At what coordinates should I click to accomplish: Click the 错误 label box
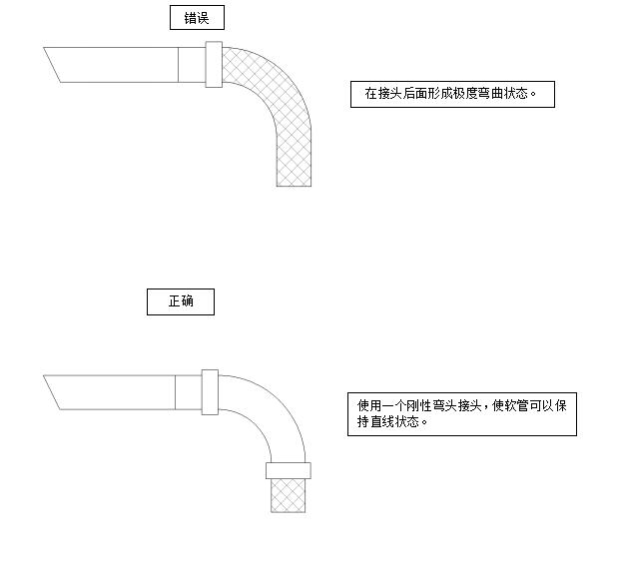(197, 17)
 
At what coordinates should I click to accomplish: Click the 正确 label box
(181, 301)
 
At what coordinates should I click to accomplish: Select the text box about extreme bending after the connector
(451, 94)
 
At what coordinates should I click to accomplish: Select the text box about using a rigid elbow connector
(461, 413)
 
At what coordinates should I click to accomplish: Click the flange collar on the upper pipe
(212, 65)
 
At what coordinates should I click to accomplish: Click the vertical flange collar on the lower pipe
(209, 392)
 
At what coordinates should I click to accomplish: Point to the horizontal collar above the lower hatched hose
(289, 470)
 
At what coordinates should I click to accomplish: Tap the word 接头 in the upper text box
(389, 95)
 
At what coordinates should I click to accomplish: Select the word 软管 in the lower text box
(515, 406)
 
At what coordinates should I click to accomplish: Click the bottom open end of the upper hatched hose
(294, 183)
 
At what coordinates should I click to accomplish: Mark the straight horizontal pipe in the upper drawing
(120, 64)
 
